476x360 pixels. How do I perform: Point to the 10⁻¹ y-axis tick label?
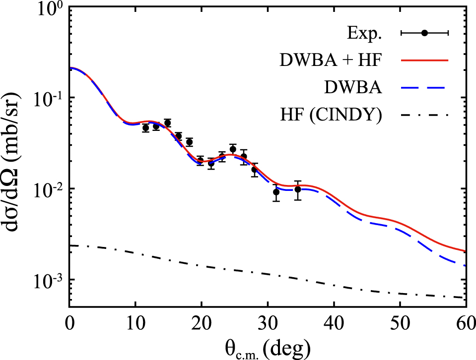coord(48,99)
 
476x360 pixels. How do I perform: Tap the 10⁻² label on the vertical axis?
coord(48,190)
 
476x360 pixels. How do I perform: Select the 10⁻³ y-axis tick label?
coord(48,281)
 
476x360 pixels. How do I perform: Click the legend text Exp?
coord(364,33)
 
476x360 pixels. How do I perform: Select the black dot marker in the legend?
coord(424,33)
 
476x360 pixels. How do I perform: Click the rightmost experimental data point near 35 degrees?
coord(298,189)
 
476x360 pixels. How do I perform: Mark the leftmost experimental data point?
coord(145,128)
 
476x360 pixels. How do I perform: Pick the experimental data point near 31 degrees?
coord(276,192)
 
